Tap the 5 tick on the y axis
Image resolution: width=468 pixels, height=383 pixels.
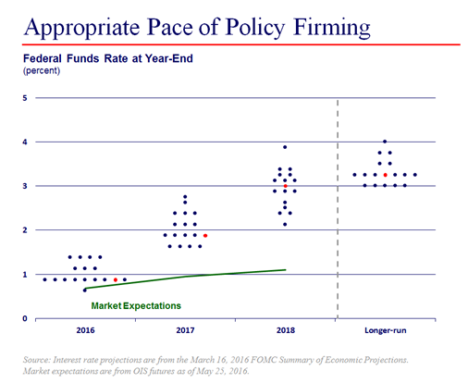click(24, 98)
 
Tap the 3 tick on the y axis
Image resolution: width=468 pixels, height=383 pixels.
click(24, 186)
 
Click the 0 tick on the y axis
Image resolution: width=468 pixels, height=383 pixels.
click(24, 318)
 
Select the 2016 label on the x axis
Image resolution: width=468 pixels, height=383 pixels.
click(84, 330)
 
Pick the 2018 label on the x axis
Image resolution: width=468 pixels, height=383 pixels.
click(285, 330)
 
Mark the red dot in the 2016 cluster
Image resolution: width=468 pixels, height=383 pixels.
click(116, 279)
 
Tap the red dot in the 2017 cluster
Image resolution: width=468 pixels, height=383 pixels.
click(204, 235)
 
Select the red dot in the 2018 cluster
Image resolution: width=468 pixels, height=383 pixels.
click(285, 186)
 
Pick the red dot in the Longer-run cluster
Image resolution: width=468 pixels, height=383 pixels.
click(385, 175)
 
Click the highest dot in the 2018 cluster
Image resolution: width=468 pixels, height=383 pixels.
click(285, 147)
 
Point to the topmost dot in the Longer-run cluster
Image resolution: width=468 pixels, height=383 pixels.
click(385, 142)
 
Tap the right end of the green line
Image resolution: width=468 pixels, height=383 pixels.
click(285, 269)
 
